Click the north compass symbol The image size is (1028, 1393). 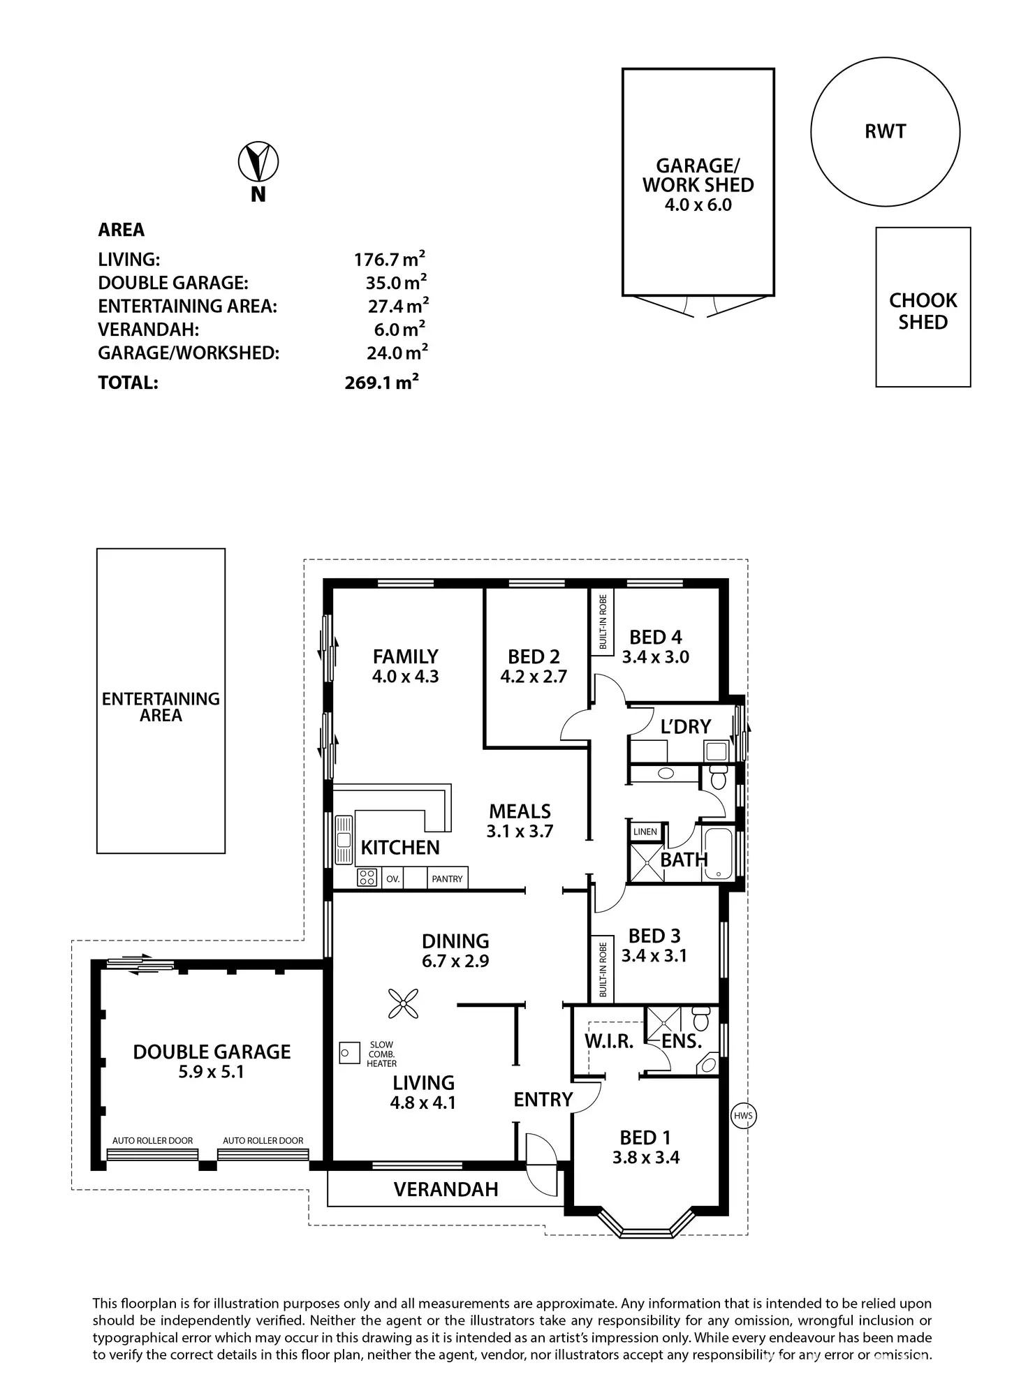pyautogui.click(x=258, y=162)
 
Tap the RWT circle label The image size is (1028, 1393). pyautogui.click(x=885, y=131)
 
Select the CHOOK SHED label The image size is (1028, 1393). pyautogui.click(x=923, y=311)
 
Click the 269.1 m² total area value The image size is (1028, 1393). pyautogui.click(x=381, y=382)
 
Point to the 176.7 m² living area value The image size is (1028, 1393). pyautogui.click(x=389, y=260)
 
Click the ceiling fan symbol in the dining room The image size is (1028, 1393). pyautogui.click(x=403, y=1004)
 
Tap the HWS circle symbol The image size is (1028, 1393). pyautogui.click(x=744, y=1116)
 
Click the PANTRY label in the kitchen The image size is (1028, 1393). pyautogui.click(x=447, y=879)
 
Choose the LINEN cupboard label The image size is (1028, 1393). pyautogui.click(x=645, y=832)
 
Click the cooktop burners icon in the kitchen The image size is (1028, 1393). pyautogui.click(x=367, y=877)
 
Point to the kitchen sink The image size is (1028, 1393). pyautogui.click(x=343, y=840)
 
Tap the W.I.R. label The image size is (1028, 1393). pyautogui.click(x=609, y=1042)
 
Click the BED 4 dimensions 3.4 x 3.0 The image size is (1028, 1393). pyautogui.click(x=655, y=657)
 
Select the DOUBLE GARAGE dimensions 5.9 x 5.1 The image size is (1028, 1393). pyautogui.click(x=211, y=1072)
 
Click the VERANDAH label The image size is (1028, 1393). pyautogui.click(x=446, y=1190)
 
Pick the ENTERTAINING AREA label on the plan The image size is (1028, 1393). pyautogui.click(x=161, y=707)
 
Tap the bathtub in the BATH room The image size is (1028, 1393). pyautogui.click(x=718, y=853)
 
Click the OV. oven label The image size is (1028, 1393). pyautogui.click(x=393, y=879)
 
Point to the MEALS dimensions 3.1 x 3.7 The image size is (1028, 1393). pyautogui.click(x=520, y=832)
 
